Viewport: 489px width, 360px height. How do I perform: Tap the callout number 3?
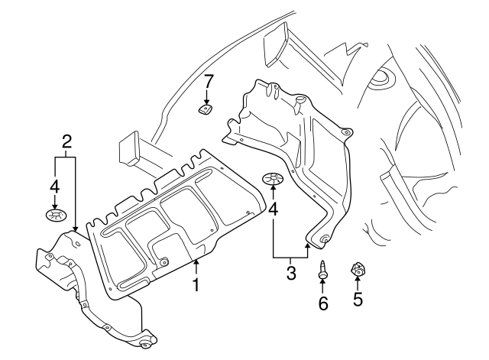(x=291, y=273)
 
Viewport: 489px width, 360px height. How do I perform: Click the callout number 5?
(x=358, y=300)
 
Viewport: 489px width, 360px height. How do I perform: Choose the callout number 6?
(x=322, y=303)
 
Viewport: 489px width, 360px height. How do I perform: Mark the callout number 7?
(x=208, y=80)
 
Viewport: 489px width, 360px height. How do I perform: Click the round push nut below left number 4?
(x=53, y=216)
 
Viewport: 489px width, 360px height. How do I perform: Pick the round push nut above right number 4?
(x=273, y=180)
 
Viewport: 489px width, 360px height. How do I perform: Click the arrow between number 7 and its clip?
(x=208, y=95)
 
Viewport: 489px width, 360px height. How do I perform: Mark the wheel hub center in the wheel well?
(x=380, y=79)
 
